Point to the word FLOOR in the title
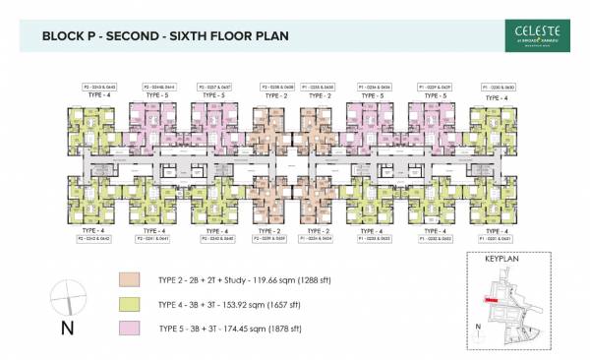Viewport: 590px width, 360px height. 243,36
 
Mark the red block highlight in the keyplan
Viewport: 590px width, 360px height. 487,300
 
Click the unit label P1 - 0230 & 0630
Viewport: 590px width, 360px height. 497,87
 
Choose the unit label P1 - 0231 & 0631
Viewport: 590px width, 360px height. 497,237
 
